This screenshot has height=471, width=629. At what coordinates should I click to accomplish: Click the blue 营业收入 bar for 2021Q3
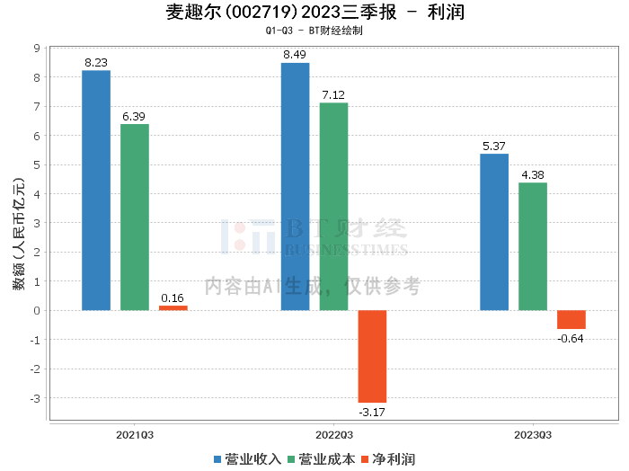96,191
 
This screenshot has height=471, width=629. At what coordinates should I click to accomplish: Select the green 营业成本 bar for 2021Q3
135,217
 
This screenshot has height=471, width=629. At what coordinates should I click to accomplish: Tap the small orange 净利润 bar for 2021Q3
173,308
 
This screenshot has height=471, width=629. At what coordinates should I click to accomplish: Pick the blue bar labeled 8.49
296,187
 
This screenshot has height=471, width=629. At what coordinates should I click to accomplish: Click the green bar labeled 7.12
333,207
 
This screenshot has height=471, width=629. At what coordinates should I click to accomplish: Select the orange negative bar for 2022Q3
372,356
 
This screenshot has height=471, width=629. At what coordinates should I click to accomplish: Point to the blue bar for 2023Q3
494,232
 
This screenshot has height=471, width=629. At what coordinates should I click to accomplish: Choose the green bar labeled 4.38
533,246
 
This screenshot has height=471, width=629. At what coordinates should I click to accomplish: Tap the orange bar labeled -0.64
571,320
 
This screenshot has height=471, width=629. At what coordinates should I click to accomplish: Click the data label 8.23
96,63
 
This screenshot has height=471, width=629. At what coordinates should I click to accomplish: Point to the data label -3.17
372,412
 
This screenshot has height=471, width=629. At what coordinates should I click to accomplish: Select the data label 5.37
494,146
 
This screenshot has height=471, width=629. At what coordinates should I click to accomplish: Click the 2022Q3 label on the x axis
334,435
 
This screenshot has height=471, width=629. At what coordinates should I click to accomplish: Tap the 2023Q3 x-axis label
533,435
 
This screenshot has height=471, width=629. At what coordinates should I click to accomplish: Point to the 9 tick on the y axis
38,49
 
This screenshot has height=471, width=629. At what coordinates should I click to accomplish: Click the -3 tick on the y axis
35,398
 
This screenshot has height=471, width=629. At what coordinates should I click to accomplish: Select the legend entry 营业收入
247,459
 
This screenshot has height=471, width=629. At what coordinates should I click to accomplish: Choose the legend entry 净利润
388,459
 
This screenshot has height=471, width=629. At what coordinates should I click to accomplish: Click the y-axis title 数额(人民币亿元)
19,234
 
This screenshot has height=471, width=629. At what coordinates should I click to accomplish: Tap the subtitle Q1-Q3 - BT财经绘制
314,31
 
